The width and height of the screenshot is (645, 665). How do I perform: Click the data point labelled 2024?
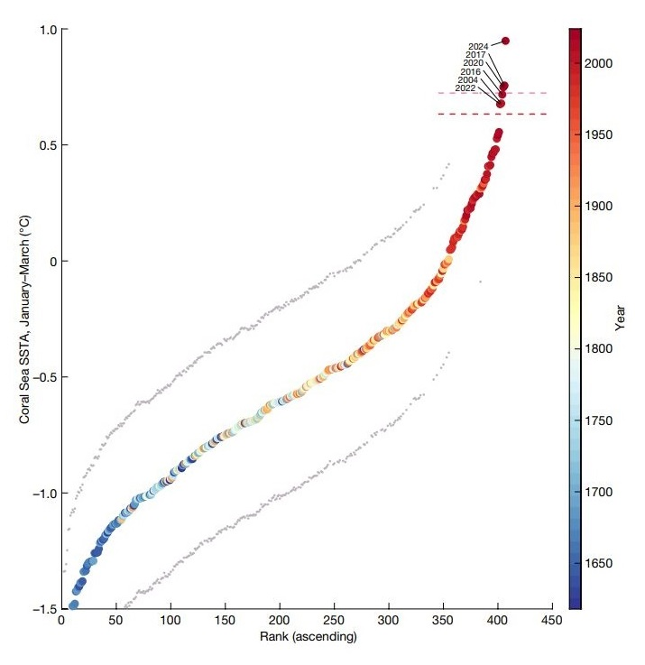506,41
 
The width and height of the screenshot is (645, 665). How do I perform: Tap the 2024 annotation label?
478,46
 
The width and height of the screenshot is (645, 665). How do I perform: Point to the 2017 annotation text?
476,55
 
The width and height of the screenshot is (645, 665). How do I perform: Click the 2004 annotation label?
468,79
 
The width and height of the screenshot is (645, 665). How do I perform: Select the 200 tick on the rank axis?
280,622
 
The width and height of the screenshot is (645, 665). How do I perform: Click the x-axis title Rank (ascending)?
307,638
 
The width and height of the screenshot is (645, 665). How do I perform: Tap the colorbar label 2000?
600,64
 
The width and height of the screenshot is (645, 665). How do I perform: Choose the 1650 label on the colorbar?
600,564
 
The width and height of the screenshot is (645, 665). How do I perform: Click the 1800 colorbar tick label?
600,349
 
